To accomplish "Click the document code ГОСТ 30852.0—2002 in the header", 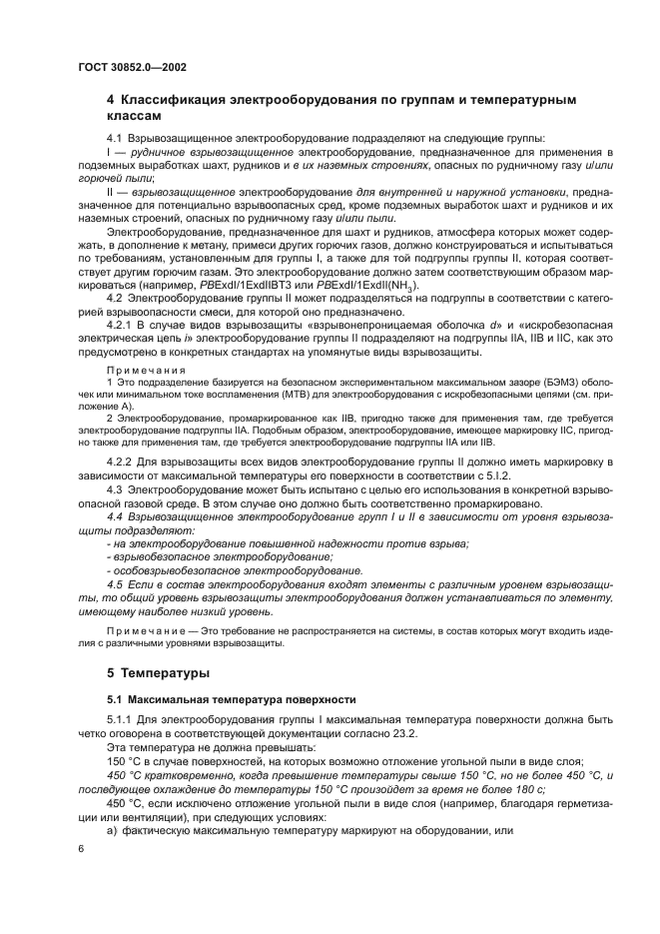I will click(131, 68).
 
